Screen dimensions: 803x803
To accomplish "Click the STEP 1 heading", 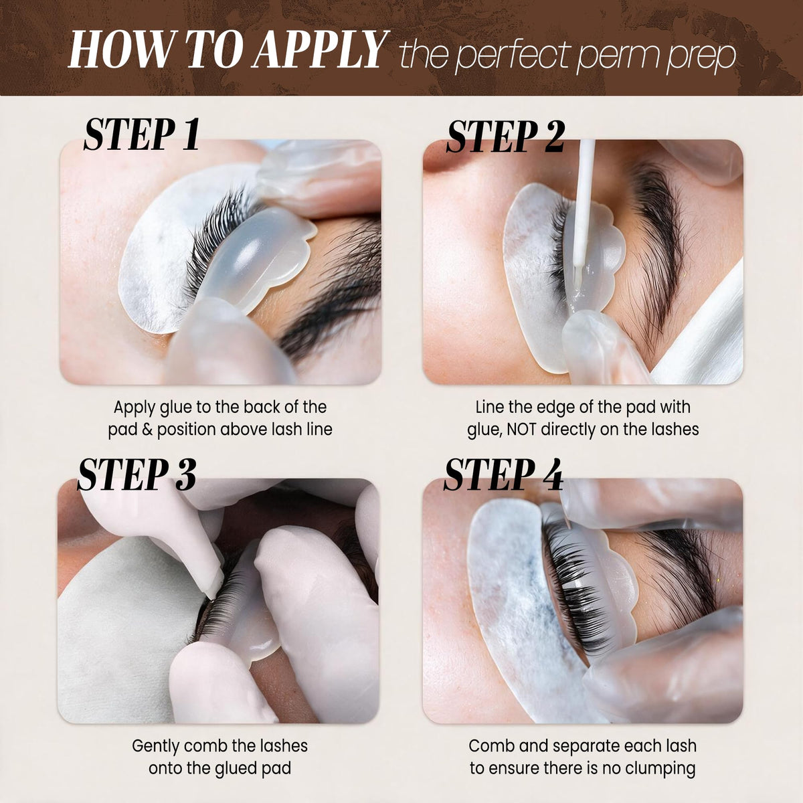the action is tap(142, 135).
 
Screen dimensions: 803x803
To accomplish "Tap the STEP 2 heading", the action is tap(505, 137).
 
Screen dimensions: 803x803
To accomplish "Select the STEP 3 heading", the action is tap(137, 474).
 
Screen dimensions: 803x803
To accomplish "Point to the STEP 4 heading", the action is tap(503, 474).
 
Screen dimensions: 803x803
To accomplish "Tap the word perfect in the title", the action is tap(512, 55).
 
